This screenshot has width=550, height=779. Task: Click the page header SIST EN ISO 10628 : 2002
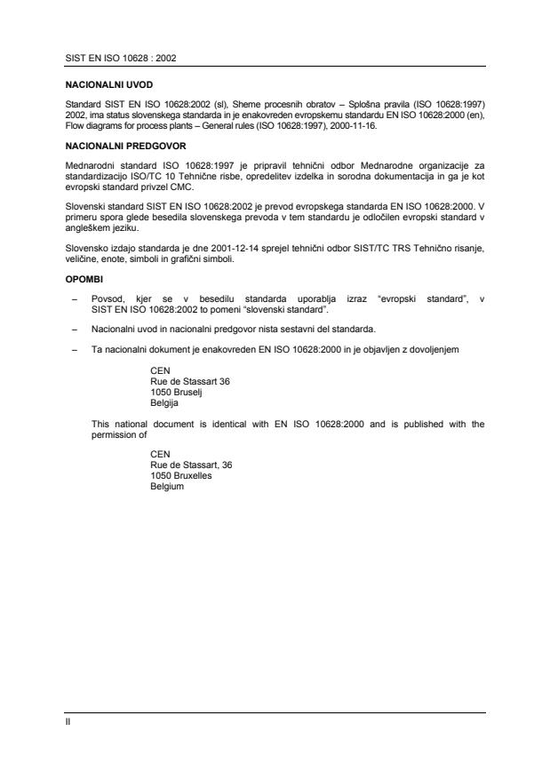click(x=121, y=57)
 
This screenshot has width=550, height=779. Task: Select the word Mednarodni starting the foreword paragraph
click(x=92, y=166)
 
